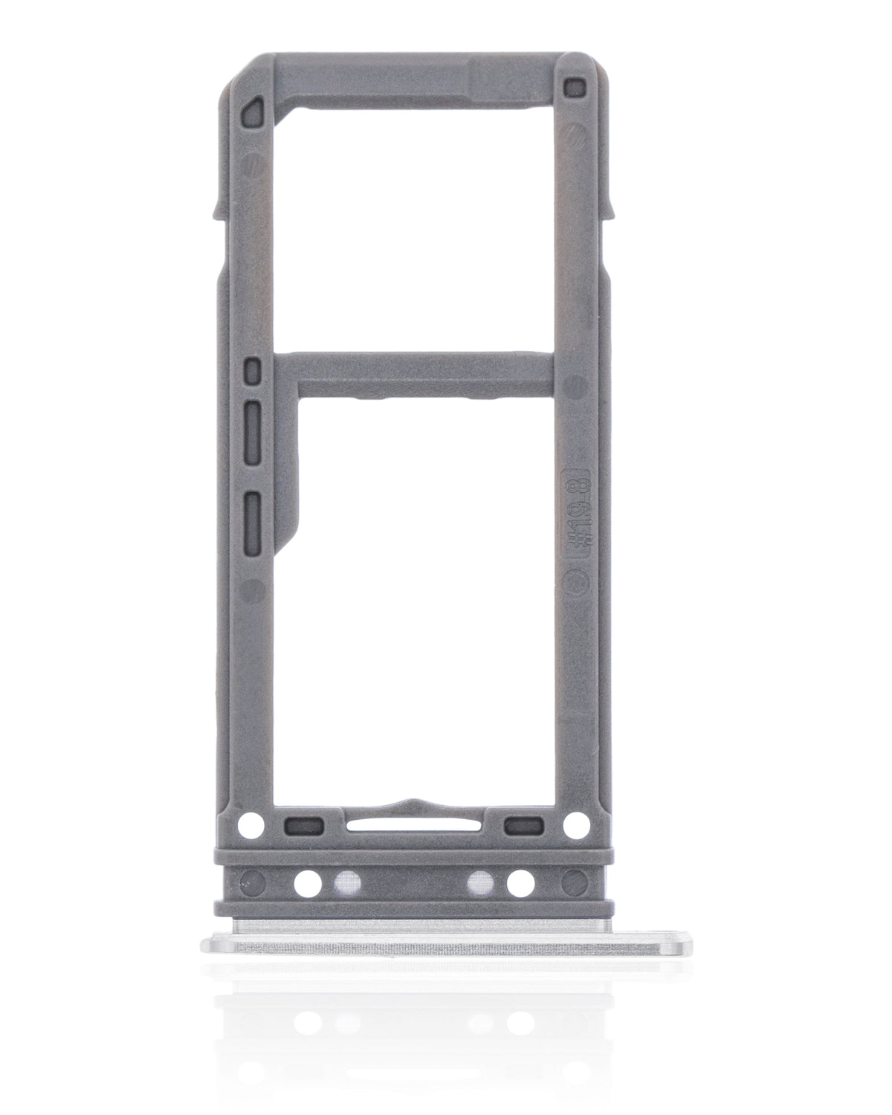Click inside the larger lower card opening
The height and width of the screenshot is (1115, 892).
point(424,595)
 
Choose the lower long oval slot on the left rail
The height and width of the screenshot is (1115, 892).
point(253,512)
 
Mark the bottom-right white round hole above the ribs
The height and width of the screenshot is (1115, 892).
point(573,823)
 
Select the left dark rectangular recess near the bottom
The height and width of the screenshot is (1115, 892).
point(303,824)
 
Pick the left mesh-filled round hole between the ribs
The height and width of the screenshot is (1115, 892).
point(345,882)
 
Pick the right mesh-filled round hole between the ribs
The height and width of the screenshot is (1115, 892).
point(479,882)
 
